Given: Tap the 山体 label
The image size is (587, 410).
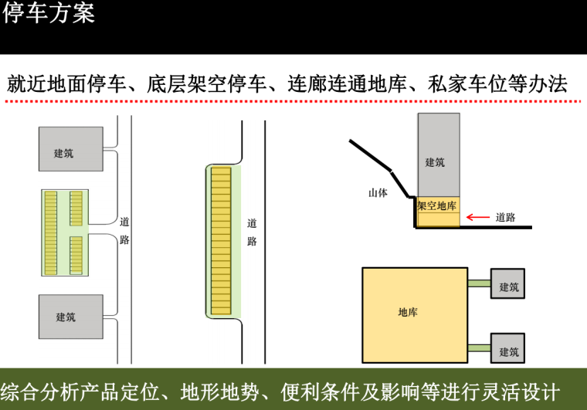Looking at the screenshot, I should point(378,193).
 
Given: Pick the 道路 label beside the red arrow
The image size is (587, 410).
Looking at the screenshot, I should point(506,218).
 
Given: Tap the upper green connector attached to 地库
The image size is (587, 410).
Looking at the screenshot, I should point(479,284).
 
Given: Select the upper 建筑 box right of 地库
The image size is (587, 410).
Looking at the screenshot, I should point(508,287).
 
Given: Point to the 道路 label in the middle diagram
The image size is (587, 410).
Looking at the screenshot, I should point(251,232).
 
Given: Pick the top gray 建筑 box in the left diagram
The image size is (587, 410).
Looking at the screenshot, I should point(70,149).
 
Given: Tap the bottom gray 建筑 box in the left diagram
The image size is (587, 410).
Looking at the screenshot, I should point(70,317).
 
